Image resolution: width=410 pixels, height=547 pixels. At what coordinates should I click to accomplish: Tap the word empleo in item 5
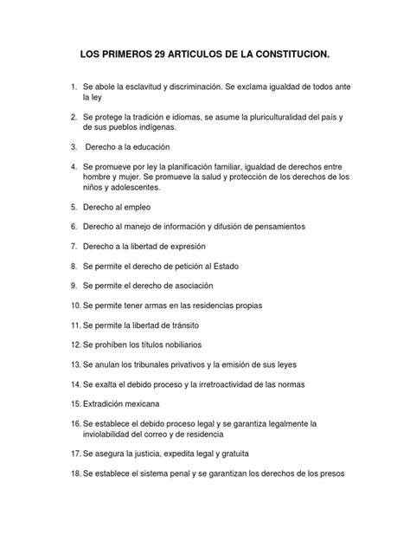141,208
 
